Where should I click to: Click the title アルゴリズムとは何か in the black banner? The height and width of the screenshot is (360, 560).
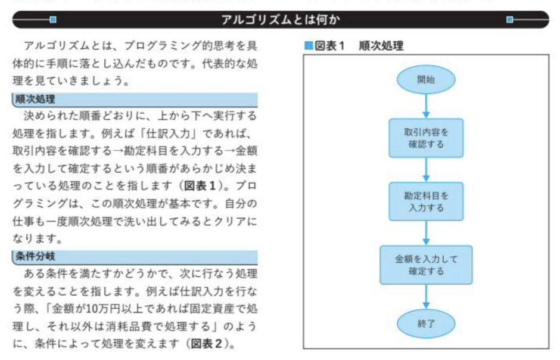point(281,20)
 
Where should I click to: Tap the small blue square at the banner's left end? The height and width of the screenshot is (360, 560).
point(53,20)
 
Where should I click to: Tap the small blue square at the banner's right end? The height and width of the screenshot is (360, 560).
point(509,20)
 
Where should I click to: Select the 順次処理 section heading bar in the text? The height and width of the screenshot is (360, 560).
point(135,100)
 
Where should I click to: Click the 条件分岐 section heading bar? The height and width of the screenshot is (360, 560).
point(135,257)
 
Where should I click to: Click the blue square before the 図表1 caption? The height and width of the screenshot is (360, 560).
point(309,46)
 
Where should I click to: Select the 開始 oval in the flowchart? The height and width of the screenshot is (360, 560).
point(426,79)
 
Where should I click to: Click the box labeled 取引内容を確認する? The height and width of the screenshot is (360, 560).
point(426,138)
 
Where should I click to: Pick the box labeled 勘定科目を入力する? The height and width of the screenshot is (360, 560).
point(426,201)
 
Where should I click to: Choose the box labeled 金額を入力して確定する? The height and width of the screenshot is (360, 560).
point(426,265)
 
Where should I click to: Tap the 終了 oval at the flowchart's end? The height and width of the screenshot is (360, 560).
point(426,324)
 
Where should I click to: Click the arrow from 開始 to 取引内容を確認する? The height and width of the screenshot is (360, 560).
point(426,106)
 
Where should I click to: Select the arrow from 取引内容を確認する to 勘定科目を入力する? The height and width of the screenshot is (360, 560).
point(426,170)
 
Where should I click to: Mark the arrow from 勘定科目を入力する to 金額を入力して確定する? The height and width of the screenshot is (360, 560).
point(426,233)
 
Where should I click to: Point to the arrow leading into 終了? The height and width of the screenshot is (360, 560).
point(426,296)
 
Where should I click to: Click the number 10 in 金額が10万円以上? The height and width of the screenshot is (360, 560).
point(92,309)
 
